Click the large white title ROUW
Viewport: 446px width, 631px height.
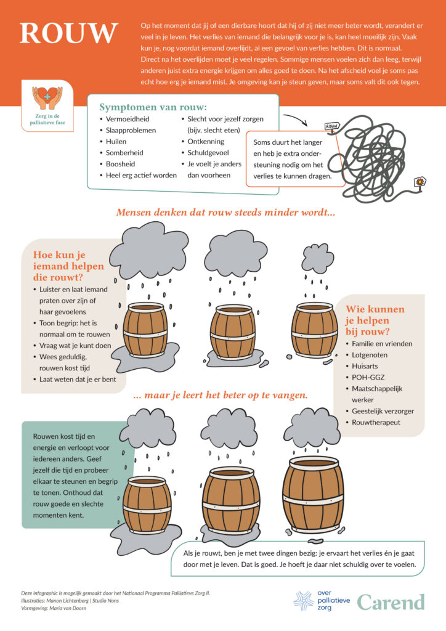[69, 33]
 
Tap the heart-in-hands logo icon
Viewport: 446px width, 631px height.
[47, 97]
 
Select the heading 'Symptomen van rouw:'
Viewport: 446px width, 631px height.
[153, 107]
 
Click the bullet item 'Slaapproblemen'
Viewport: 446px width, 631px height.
[131, 131]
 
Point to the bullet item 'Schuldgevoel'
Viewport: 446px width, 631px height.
[208, 153]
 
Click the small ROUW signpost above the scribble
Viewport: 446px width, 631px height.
[332, 126]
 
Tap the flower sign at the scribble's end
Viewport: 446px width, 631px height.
[420, 182]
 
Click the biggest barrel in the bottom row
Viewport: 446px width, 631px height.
[313, 494]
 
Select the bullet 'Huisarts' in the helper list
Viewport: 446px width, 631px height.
[365, 366]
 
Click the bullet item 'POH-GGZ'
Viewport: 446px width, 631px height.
[368, 378]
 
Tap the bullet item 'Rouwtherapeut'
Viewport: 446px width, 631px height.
[376, 423]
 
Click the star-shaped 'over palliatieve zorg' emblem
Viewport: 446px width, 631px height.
[304, 601]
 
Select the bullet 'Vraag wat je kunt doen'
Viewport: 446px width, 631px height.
[75, 346]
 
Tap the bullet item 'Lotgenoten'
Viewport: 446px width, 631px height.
[370, 355]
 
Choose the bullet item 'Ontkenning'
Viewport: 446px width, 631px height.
[206, 142]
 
